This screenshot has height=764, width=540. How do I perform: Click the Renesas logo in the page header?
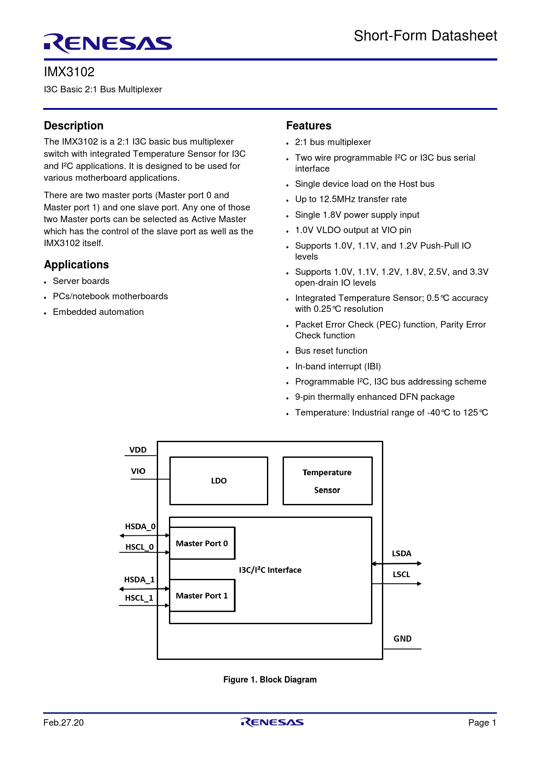pyautogui.click(x=108, y=43)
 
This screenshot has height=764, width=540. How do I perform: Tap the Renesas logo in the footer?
pyautogui.click(x=272, y=722)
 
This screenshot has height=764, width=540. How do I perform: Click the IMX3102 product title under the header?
pyautogui.click(x=69, y=72)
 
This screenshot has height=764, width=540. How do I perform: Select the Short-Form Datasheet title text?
pyautogui.click(x=425, y=36)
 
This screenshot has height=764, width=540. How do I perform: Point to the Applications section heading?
pyautogui.click(x=76, y=265)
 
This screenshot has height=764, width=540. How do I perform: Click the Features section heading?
pyautogui.click(x=308, y=126)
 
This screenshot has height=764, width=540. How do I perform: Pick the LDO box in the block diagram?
pyautogui.click(x=219, y=481)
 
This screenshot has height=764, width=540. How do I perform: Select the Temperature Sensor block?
pyautogui.click(x=327, y=481)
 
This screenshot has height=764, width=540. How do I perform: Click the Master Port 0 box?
pyautogui.click(x=202, y=543)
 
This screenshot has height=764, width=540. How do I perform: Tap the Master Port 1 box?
pyautogui.click(x=202, y=595)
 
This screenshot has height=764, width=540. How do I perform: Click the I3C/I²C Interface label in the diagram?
pyautogui.click(x=270, y=570)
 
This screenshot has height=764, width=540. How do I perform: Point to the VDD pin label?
pyautogui.click(x=138, y=450)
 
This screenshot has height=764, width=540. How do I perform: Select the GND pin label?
pyautogui.click(x=402, y=639)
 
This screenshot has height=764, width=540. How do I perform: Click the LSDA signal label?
pyautogui.click(x=402, y=554)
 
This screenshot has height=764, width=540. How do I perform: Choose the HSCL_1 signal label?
pyautogui.click(x=139, y=598)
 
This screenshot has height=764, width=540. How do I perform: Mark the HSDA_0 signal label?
pyautogui.click(x=140, y=527)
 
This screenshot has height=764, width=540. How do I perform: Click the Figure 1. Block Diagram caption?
pyautogui.click(x=270, y=679)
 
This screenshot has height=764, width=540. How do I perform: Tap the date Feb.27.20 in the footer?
pyautogui.click(x=64, y=723)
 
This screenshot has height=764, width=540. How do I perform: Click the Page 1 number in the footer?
pyautogui.click(x=482, y=723)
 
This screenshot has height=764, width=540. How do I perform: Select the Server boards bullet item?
pyautogui.click(x=81, y=281)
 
